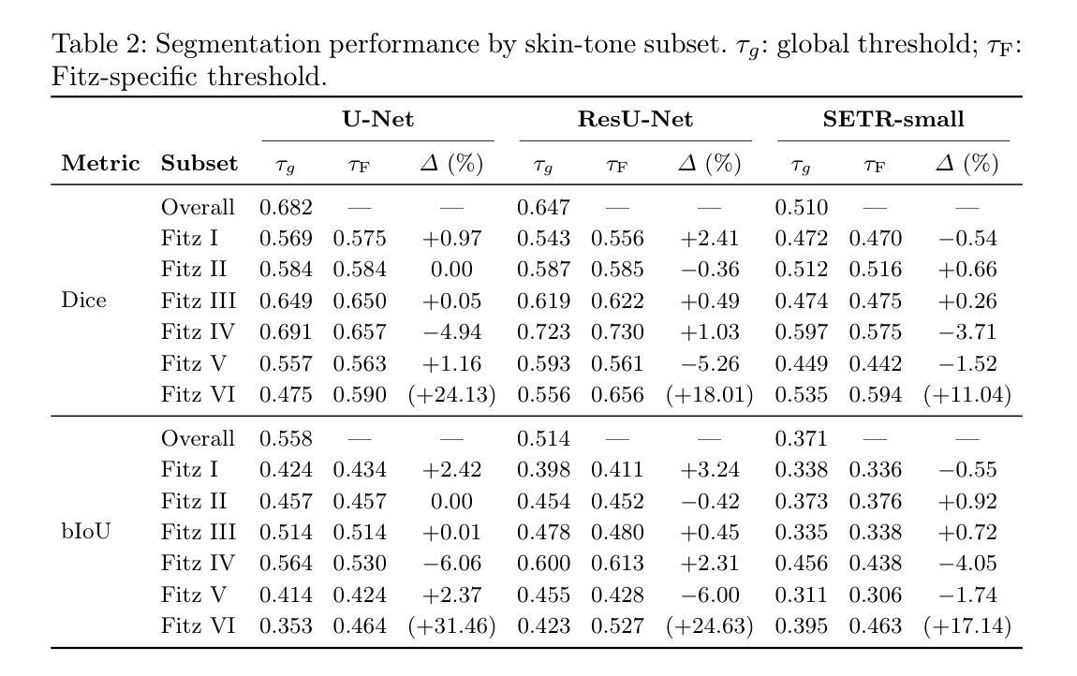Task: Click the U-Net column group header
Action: point(377,119)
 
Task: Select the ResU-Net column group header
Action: point(635,119)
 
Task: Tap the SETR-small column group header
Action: point(893,119)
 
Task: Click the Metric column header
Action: point(100,164)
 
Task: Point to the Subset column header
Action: point(199,164)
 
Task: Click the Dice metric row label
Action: point(83,301)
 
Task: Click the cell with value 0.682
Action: point(286,207)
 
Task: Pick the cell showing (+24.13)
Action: point(451,394)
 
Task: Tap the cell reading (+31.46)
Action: point(451,625)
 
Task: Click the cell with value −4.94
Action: point(451,331)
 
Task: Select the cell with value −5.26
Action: point(709,363)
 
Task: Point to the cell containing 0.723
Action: point(543,331)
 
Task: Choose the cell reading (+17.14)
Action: point(966,625)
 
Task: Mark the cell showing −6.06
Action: point(451,563)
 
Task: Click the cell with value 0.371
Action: point(801,438)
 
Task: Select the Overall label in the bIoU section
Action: point(198,438)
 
